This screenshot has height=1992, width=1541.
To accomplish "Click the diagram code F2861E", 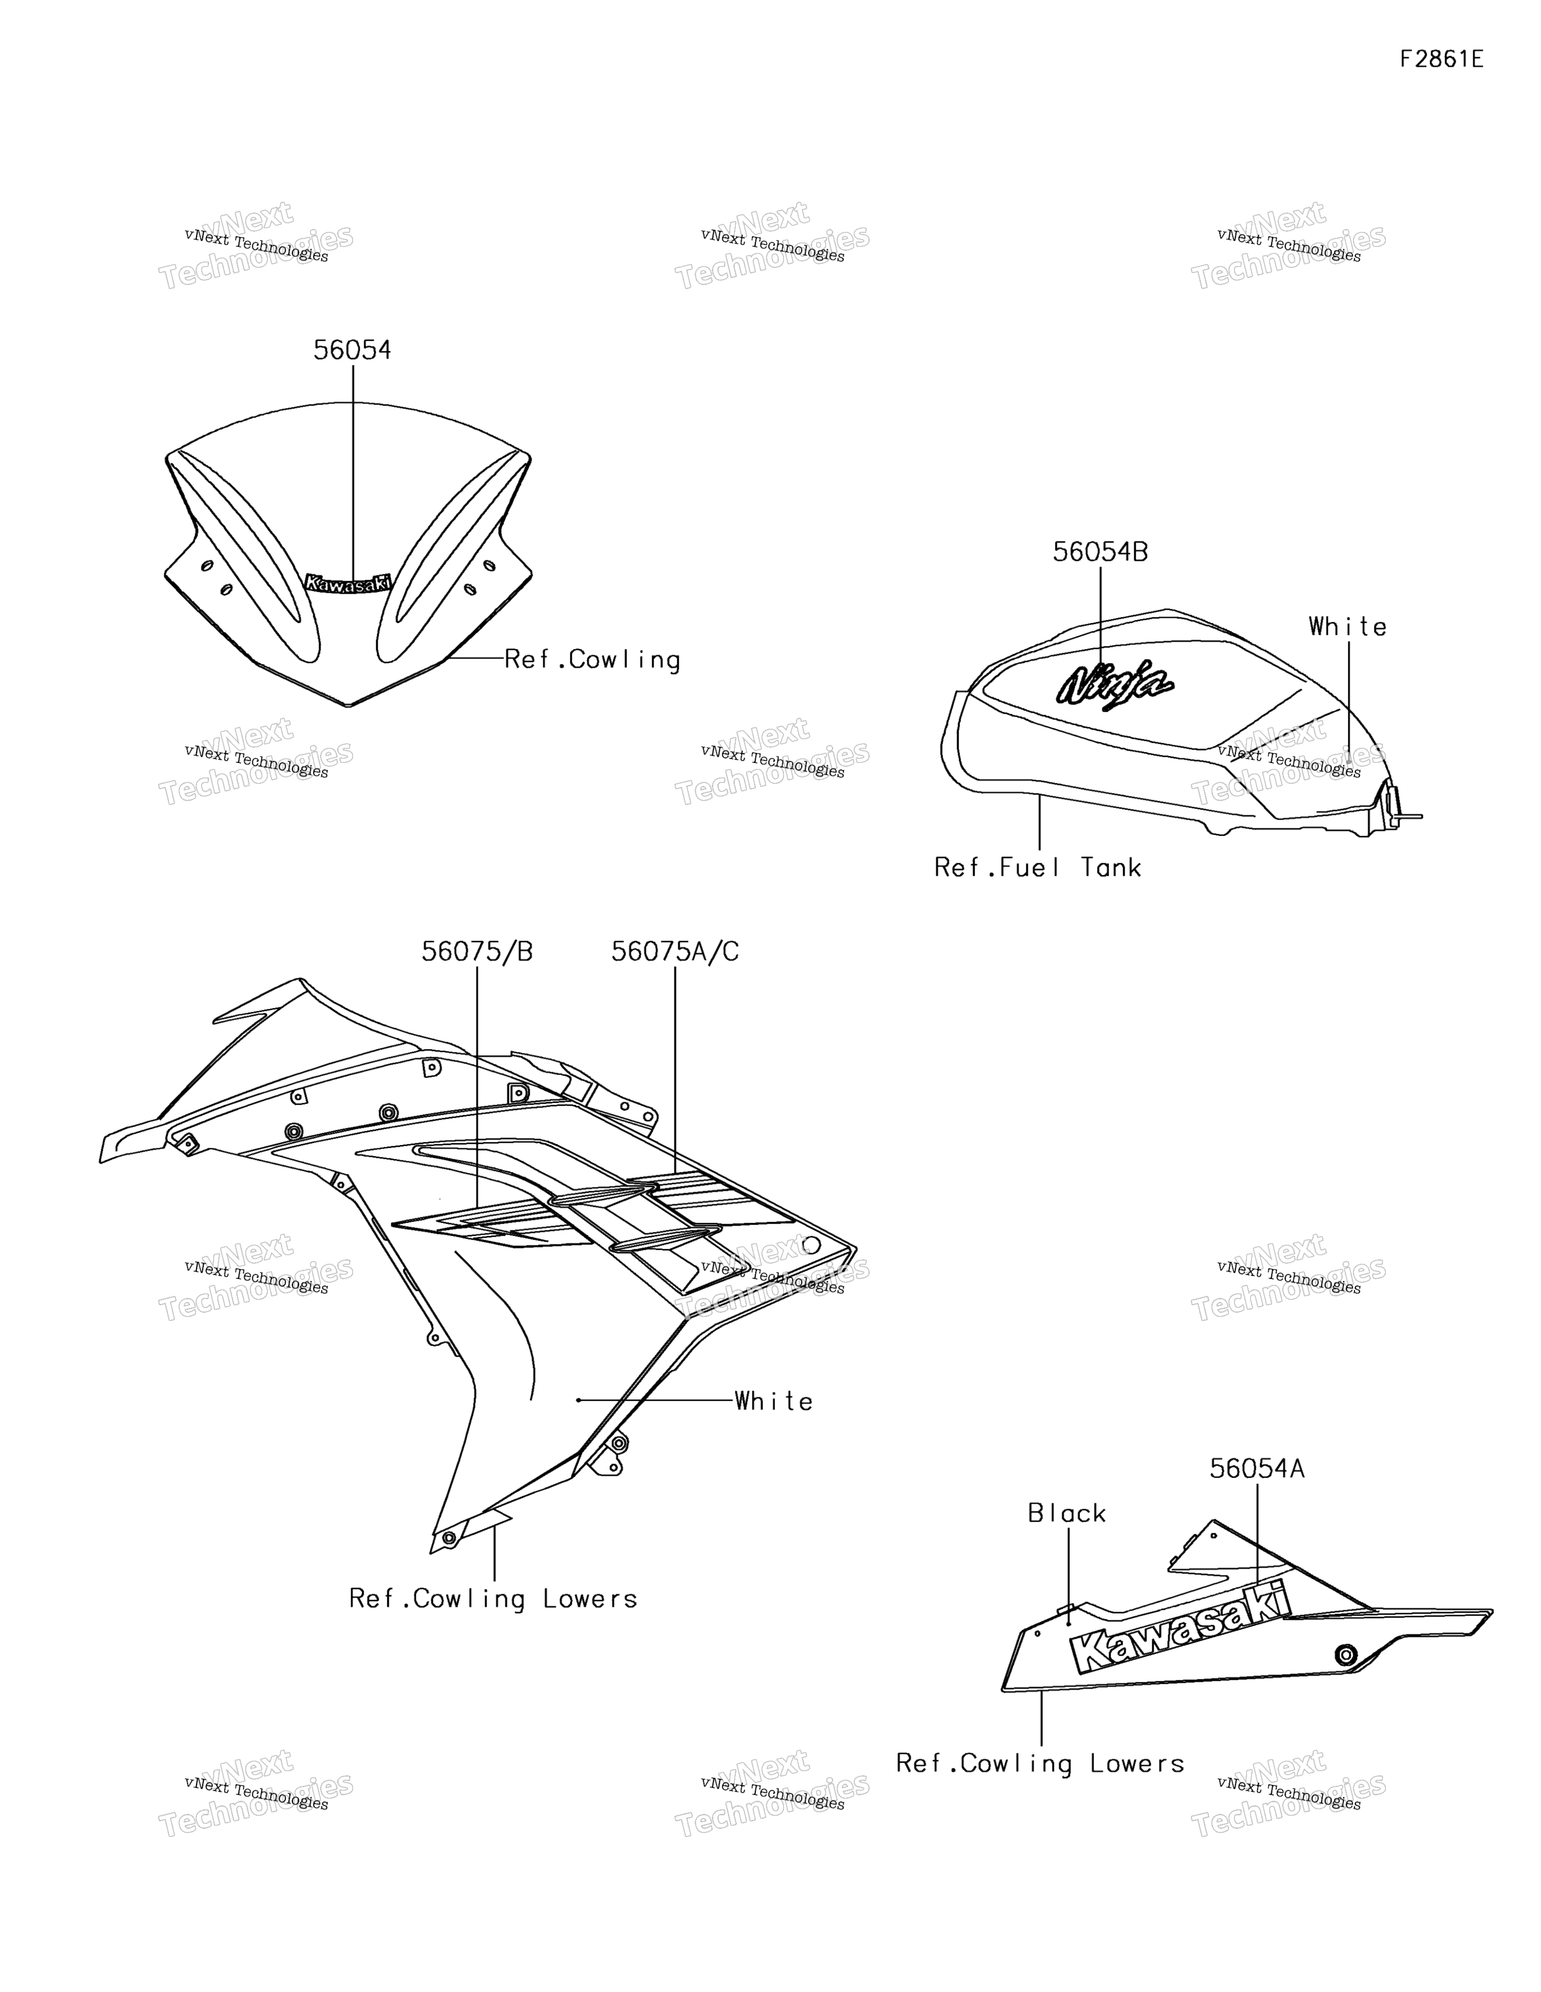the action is pos(1442,59).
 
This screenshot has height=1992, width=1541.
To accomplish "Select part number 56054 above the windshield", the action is pos(352,350).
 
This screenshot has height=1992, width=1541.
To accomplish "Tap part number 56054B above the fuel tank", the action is pos(1101,552).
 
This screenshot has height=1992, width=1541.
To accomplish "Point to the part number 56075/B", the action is pos(477,952).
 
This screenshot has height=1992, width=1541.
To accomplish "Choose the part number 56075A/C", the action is pos(675,952).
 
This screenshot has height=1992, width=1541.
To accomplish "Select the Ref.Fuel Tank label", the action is pos(1038,867).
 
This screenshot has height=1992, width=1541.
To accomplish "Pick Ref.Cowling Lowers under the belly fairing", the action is pos(1040,1764).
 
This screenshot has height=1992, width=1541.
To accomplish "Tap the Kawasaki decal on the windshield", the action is pos(348,583).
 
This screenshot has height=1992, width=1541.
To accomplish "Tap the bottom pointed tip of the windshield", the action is pos(348,706).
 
